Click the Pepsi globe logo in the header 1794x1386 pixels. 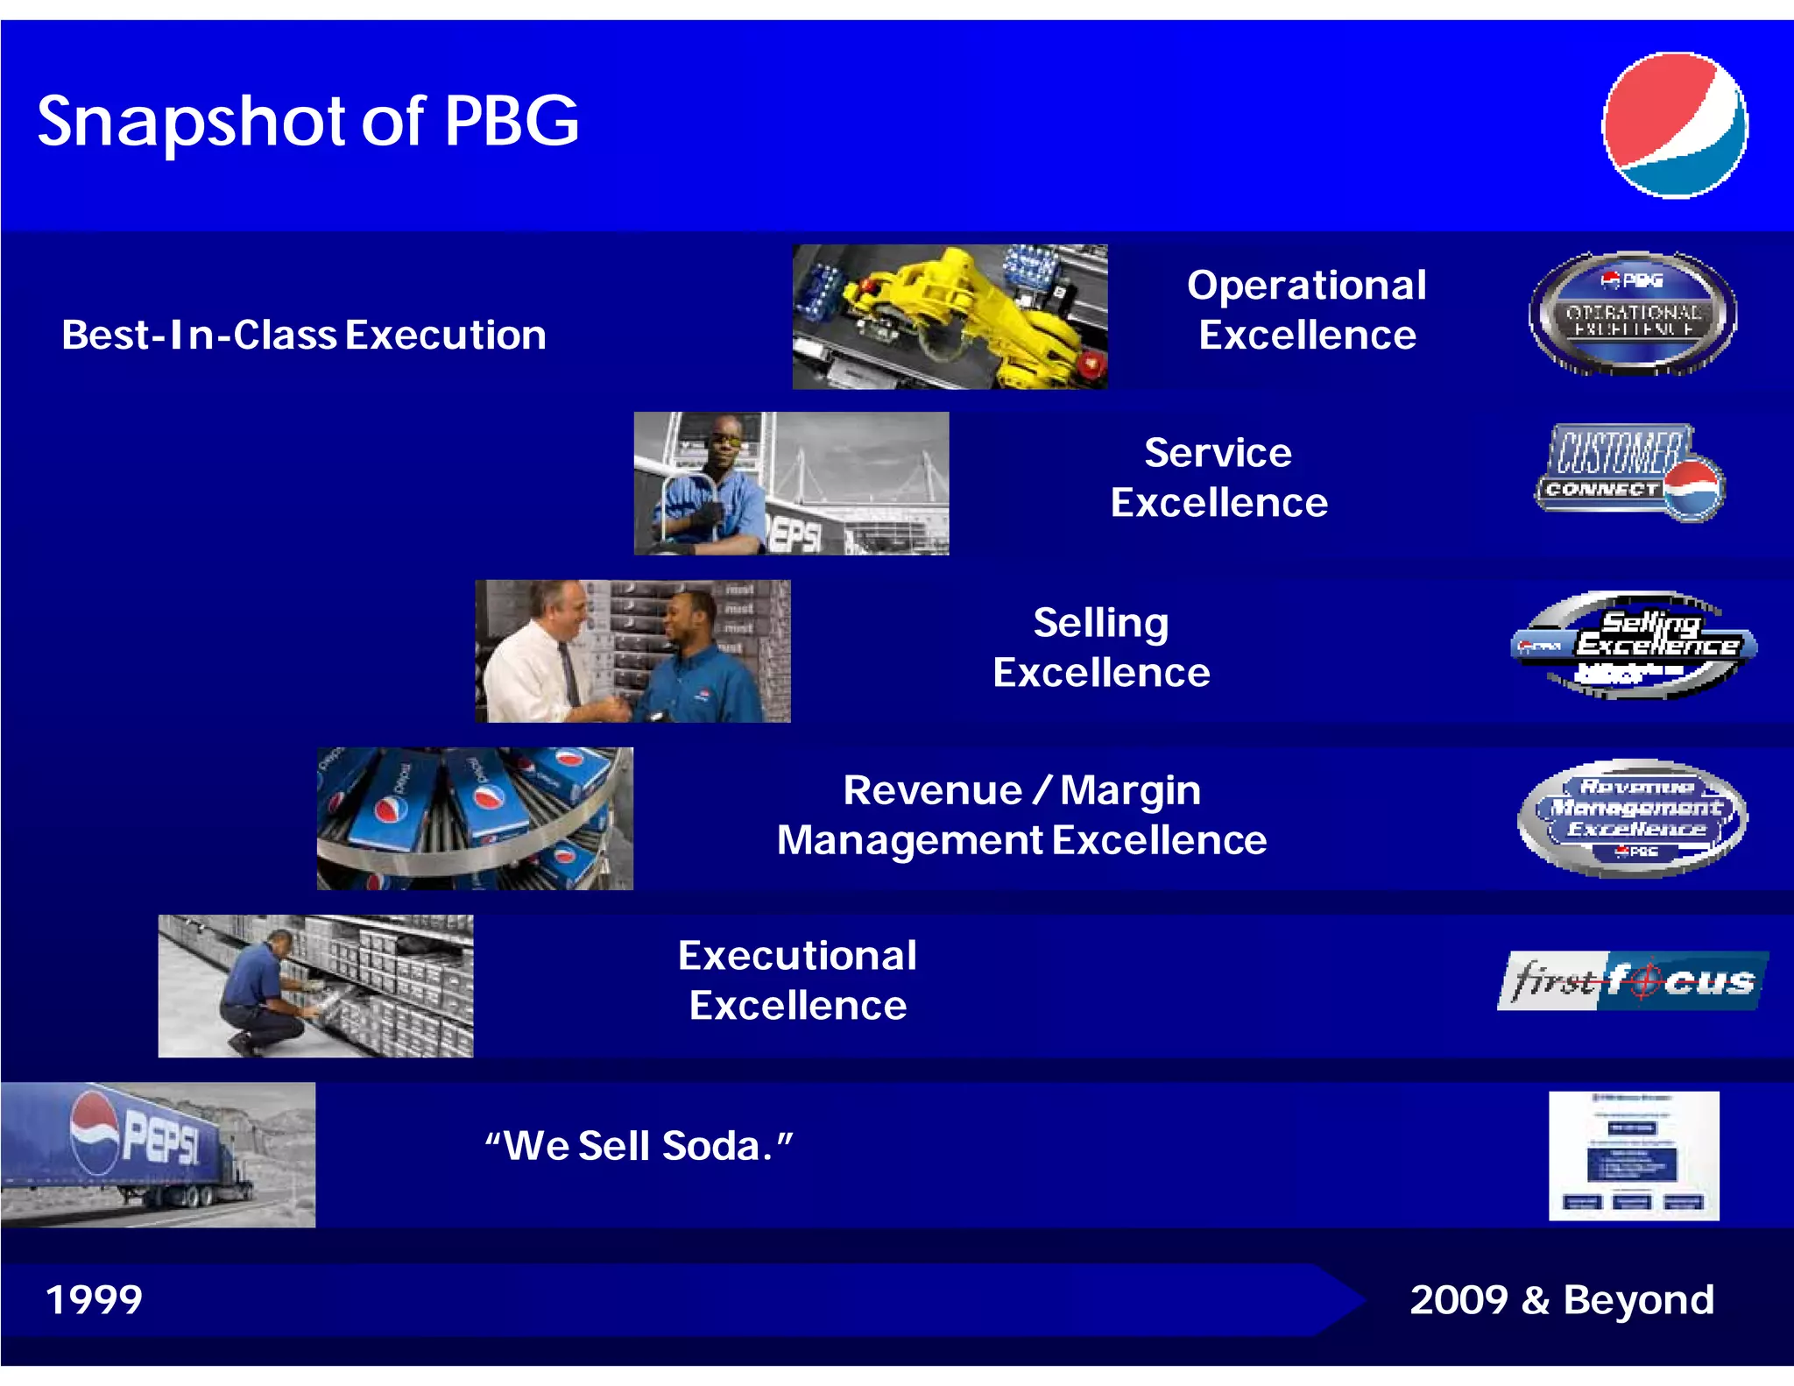1674,125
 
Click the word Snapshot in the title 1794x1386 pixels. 193,123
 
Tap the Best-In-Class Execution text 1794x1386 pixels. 303,336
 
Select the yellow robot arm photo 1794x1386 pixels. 950,316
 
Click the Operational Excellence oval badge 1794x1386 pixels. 1632,314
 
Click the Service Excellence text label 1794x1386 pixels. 1218,478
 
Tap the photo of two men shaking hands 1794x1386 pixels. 632,651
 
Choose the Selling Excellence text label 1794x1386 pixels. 1101,647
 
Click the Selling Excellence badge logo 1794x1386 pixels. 1634,646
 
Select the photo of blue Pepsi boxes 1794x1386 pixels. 474,818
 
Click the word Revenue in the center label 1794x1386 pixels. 932,791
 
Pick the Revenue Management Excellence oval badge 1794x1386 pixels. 1632,818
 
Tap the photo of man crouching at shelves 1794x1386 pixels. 315,986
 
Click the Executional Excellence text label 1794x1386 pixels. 797,980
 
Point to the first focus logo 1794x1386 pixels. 1632,981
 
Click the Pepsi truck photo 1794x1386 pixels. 158,1154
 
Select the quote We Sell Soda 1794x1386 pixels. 639,1146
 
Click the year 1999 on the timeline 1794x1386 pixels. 94,1299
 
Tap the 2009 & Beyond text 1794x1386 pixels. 1561,1300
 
